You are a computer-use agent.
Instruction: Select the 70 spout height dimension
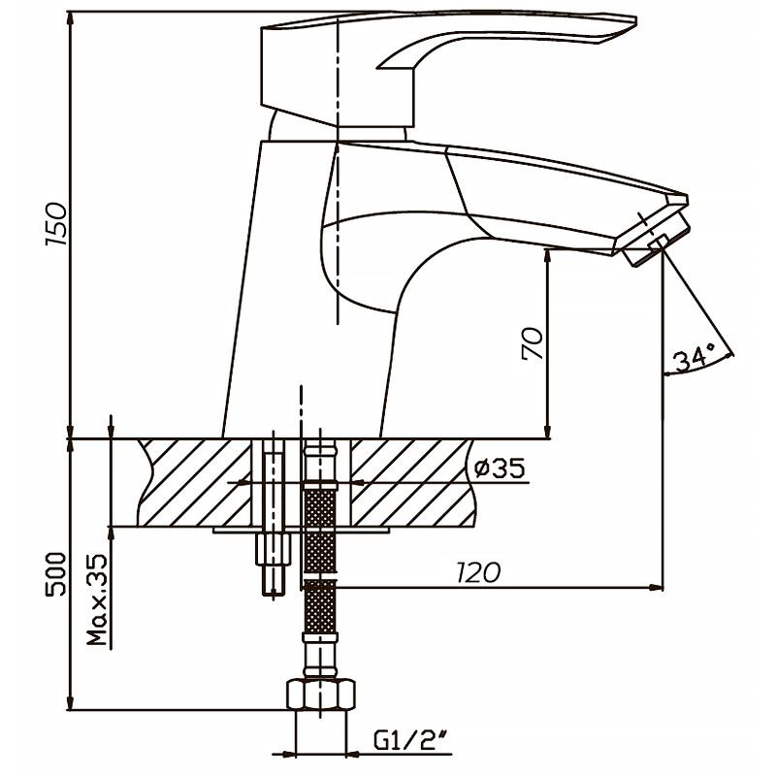tap(533, 343)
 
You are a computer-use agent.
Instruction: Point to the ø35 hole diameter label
tap(501, 469)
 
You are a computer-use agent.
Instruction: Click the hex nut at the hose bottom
tap(320, 695)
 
